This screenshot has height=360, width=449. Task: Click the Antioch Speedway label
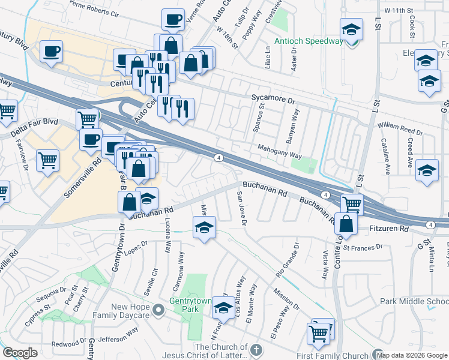pos(308,41)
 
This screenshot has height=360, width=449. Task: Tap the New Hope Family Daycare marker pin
pos(158,310)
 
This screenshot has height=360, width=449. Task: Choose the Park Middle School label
pos(414,302)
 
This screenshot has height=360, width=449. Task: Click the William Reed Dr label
pos(400,126)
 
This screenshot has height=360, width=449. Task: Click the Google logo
pos(20,353)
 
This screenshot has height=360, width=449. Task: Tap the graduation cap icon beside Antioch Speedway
pos(351,29)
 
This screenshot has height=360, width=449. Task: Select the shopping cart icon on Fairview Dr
pos(47,160)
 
